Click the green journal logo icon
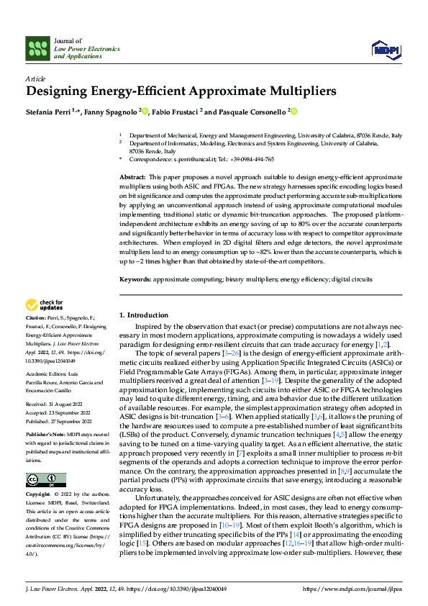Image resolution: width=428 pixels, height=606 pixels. (x=37, y=48)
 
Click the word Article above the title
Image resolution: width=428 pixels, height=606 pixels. (x=35, y=78)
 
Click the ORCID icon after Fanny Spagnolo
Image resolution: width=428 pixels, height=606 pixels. (x=145, y=112)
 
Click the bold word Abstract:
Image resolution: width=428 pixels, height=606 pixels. (x=132, y=177)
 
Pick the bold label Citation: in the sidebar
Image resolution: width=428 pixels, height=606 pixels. (x=36, y=338)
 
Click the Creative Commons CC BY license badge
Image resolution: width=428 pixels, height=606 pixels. (x=45, y=480)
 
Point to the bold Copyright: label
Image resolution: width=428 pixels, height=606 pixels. (x=39, y=495)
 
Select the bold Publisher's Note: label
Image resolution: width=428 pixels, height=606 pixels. (x=45, y=437)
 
